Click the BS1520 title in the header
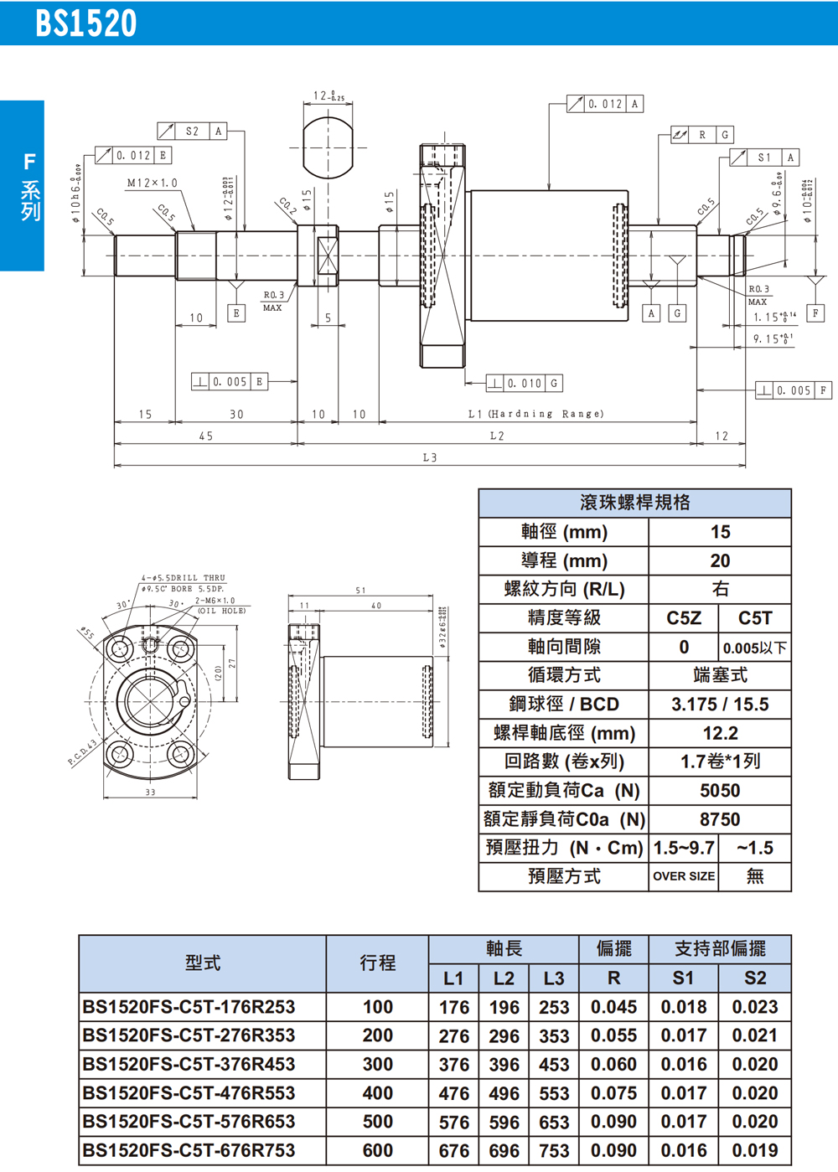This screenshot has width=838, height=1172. (x=85, y=23)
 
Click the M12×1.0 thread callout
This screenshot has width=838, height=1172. (x=152, y=183)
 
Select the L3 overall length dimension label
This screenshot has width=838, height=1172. (x=430, y=457)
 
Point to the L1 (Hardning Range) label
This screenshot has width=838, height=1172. (x=535, y=414)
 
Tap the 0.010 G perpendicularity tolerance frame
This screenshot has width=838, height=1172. (x=525, y=383)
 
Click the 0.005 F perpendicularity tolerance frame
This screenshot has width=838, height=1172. (x=794, y=390)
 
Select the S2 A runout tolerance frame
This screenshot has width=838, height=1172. (x=192, y=131)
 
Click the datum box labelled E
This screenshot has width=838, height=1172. (x=236, y=313)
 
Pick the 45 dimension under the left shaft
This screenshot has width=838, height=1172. (x=206, y=436)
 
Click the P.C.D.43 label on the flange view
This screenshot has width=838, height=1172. (x=82, y=752)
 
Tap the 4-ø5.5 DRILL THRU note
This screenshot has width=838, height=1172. (x=184, y=578)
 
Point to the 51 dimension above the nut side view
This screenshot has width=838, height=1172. (x=360, y=591)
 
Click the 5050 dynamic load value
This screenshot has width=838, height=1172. (x=720, y=791)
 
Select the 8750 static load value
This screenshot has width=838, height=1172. (x=720, y=819)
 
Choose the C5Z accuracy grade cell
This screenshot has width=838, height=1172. (x=684, y=618)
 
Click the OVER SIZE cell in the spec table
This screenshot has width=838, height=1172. (x=684, y=876)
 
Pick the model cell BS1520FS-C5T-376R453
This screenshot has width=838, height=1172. (x=189, y=1064)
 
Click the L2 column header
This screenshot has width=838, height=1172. (x=504, y=978)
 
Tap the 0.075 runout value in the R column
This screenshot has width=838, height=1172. (x=613, y=1093)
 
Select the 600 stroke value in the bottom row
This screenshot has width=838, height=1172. (x=377, y=1151)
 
